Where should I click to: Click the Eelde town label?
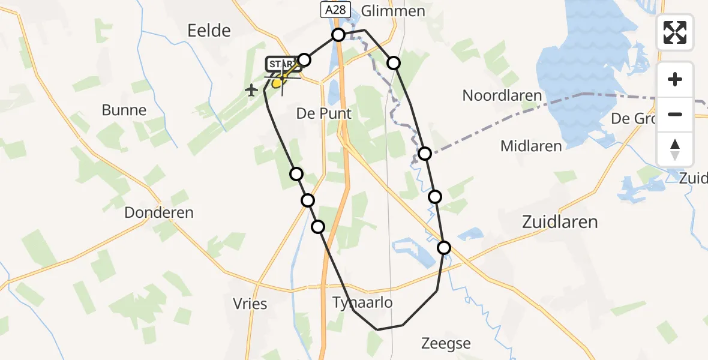[x=209, y=31]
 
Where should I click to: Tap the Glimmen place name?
[x=394, y=11]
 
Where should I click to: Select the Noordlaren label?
[x=502, y=95]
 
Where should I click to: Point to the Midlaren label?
[x=532, y=146]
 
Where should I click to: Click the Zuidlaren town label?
[x=559, y=222]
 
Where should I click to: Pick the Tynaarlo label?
[x=363, y=302]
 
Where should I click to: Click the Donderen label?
[x=159, y=212]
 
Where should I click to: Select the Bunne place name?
[x=124, y=110]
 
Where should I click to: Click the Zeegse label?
[x=446, y=344]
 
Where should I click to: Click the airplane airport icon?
[x=251, y=91]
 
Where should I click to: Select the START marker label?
[x=280, y=64]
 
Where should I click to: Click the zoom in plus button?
[x=675, y=79]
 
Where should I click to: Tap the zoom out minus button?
[x=675, y=114]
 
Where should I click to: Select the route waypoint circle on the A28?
[x=338, y=35]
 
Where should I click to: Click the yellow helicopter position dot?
[x=277, y=83]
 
